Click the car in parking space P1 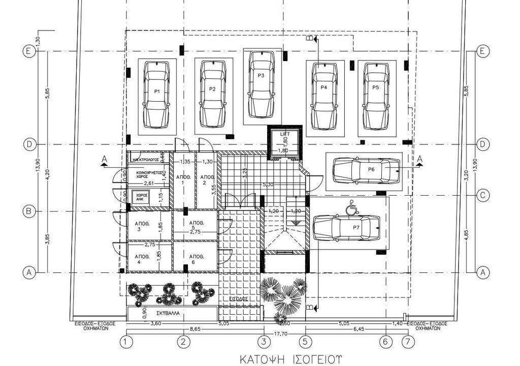tap(156, 95)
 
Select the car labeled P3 tap(262, 83)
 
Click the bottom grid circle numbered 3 tap(263, 342)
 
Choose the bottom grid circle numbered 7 tap(406, 342)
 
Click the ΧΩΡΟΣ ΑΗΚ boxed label tap(140, 197)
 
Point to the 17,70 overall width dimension tap(275, 334)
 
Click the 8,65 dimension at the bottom tap(194, 329)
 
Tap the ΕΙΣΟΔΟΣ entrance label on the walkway tap(238, 299)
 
